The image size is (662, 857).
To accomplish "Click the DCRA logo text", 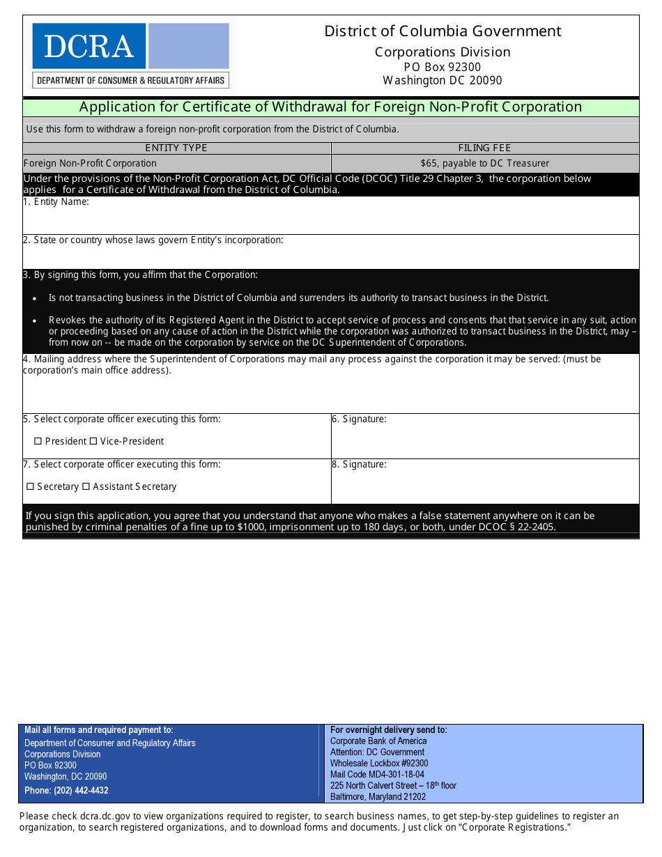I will (x=88, y=46).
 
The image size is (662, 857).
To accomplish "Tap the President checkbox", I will (x=38, y=441).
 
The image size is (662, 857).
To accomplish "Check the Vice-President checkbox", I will (x=93, y=441).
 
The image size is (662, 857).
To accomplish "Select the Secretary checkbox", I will (x=30, y=486).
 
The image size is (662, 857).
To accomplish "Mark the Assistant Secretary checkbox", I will (x=86, y=486).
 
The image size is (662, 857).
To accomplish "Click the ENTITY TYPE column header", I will (x=176, y=148).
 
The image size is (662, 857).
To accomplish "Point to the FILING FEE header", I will (x=484, y=148).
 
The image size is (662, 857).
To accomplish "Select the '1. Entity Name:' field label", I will (x=56, y=202).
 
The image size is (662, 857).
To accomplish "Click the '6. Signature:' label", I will (x=359, y=419).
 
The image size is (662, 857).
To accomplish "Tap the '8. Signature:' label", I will (x=359, y=465).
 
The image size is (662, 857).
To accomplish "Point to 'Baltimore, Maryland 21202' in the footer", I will (x=378, y=796).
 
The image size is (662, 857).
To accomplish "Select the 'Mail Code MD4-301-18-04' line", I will (x=377, y=774).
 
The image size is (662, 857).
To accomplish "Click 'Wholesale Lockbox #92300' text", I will (x=379, y=763).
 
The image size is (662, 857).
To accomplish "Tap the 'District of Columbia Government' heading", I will (x=442, y=31).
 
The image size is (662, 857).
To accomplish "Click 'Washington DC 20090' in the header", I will (x=442, y=80).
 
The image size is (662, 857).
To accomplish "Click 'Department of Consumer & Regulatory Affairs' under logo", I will (x=130, y=80).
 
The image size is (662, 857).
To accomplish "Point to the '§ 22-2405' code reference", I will (x=533, y=527).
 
